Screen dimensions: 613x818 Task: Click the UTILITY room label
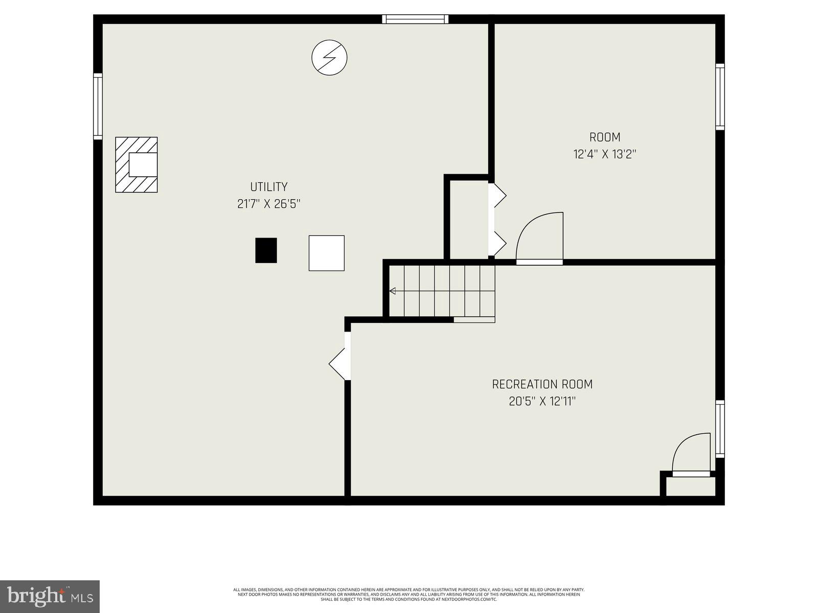coord(268,187)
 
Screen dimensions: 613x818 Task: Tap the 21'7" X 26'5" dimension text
coord(268,204)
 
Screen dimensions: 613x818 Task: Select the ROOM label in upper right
coord(605,137)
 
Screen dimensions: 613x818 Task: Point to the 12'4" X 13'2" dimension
coord(605,154)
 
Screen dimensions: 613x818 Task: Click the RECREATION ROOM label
coord(542,384)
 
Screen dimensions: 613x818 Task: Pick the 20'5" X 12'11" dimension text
coord(542,402)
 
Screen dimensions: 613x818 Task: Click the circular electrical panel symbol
coord(329,57)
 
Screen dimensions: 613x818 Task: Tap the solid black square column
coord(266,250)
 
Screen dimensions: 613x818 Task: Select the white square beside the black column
coord(326,253)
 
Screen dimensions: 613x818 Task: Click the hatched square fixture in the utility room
coord(136,164)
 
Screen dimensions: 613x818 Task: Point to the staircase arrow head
coord(393,291)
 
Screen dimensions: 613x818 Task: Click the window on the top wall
coord(415,19)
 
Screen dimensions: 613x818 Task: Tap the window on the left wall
coord(98,106)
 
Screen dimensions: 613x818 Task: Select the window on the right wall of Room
coord(720,97)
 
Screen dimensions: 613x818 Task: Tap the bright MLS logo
coord(50,596)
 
